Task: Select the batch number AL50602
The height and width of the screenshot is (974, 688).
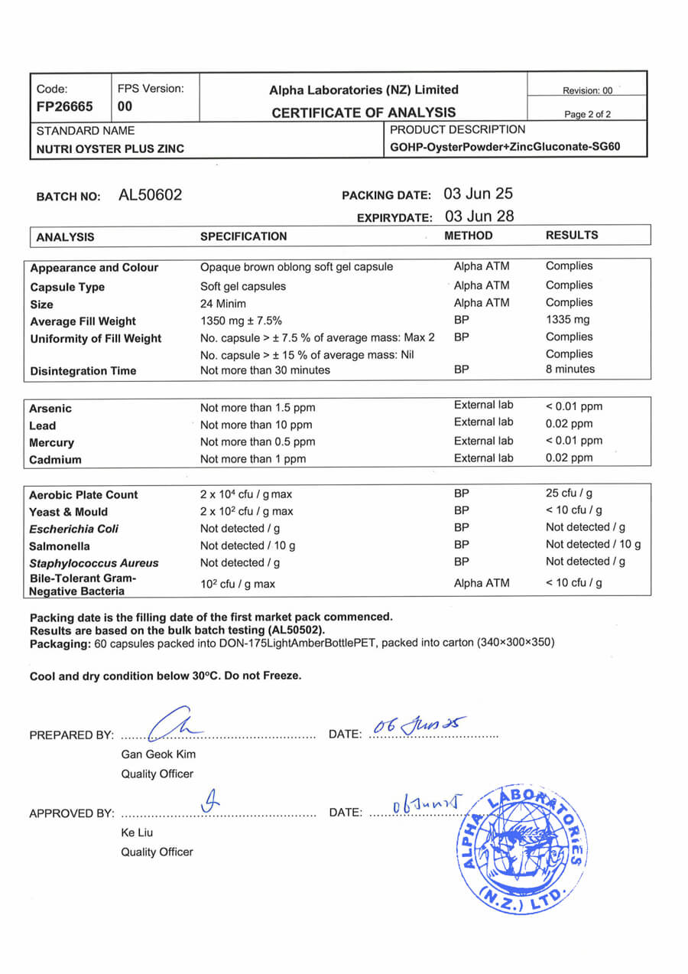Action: click(x=150, y=196)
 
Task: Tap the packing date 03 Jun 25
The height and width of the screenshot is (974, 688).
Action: click(x=479, y=194)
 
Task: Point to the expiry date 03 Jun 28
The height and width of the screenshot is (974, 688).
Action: click(x=479, y=217)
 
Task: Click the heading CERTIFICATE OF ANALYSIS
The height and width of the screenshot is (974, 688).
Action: click(x=364, y=112)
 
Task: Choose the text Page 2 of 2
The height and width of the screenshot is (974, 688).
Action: click(x=587, y=114)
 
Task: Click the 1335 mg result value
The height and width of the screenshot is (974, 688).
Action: click(x=568, y=320)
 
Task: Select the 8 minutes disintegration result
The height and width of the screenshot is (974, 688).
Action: click(x=570, y=370)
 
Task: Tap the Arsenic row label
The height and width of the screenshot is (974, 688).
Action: click(x=50, y=409)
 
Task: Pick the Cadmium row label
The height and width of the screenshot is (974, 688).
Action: click(x=55, y=460)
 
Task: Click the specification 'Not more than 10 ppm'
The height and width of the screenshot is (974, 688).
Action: click(x=256, y=425)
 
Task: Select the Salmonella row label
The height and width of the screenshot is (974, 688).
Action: click(x=60, y=546)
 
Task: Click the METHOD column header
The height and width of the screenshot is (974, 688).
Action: click(x=469, y=236)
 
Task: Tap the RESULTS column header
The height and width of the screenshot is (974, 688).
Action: click(x=572, y=236)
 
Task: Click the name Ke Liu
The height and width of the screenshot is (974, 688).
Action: click(x=136, y=832)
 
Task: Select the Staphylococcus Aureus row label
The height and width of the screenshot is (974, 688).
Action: click(x=94, y=563)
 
